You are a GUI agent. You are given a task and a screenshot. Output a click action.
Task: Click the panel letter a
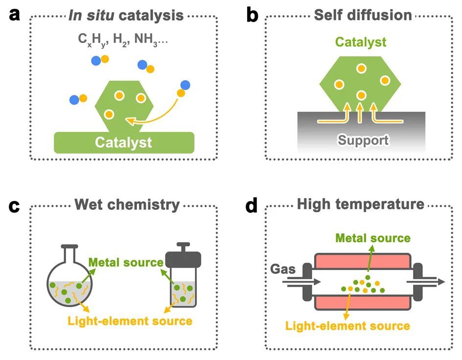pos(15,15)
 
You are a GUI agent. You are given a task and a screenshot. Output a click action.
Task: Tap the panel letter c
pos(15,206)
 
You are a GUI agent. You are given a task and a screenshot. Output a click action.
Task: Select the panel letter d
pos(252,206)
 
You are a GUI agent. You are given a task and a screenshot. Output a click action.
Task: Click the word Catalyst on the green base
pos(123,142)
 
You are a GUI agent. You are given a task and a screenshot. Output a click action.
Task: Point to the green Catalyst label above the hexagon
pos(360,42)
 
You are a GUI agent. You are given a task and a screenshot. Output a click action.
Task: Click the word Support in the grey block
pos(361,140)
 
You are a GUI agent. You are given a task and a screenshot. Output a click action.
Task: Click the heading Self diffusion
pos(363,15)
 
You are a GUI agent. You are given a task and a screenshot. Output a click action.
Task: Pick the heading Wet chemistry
pos(127,204)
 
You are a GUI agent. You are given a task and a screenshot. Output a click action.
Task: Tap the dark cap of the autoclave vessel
pos(183,257)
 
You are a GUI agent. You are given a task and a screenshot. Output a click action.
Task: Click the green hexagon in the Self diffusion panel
pos(360,78)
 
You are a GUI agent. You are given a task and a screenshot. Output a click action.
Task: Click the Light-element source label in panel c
pos(130,321)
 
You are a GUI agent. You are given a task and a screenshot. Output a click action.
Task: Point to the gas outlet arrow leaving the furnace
pos(433,281)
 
